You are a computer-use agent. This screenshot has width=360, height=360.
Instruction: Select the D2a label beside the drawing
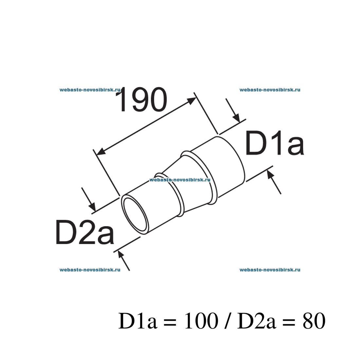tap(85, 232)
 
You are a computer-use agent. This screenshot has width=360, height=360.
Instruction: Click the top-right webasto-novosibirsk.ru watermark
tap(270, 90)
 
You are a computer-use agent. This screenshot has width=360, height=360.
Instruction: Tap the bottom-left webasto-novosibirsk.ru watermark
tap(90, 270)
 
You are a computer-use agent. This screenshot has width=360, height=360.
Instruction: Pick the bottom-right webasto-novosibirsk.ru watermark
tap(270, 270)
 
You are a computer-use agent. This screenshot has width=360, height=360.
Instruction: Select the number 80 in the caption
tap(314, 321)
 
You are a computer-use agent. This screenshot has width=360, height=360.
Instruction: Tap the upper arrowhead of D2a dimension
tap(92, 207)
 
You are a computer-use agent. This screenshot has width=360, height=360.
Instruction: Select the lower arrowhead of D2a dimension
tap(120, 254)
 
